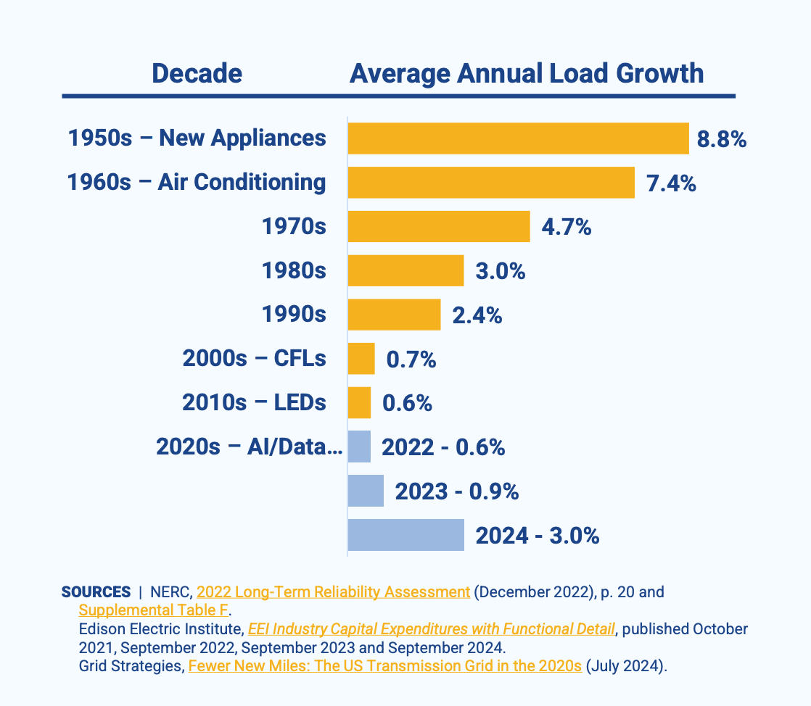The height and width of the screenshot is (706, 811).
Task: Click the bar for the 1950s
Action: [x=518, y=138]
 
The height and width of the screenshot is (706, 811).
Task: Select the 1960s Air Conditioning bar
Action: [x=491, y=183]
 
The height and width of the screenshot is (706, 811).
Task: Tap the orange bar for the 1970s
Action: [x=439, y=227]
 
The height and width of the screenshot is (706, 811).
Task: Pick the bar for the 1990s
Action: [x=394, y=315]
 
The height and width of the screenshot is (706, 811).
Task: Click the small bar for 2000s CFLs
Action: [x=361, y=359]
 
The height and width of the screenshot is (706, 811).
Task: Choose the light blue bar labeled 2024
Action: [x=405, y=535]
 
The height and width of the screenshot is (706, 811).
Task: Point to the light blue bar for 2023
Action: [x=366, y=491]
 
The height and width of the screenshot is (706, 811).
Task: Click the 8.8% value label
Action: [x=722, y=139]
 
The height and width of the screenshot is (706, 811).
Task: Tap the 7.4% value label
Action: [x=671, y=183]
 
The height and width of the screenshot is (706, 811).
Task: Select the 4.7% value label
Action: [x=567, y=228]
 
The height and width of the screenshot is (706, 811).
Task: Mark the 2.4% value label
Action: [x=477, y=316]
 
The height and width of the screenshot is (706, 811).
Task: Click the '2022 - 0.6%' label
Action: [x=443, y=447]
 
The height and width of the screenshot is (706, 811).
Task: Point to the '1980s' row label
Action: [x=294, y=271]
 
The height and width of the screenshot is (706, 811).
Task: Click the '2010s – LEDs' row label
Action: [x=254, y=403]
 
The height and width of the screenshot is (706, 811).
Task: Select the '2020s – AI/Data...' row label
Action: [x=249, y=447]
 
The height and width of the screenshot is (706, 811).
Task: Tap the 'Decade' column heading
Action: [x=197, y=74]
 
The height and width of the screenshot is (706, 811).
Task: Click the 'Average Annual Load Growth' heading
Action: [x=527, y=74]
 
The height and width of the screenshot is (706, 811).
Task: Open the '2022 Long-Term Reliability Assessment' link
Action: [x=333, y=592]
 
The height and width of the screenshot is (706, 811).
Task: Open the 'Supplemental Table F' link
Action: [x=153, y=610]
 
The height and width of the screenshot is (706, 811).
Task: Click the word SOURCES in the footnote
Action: [x=96, y=592]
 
